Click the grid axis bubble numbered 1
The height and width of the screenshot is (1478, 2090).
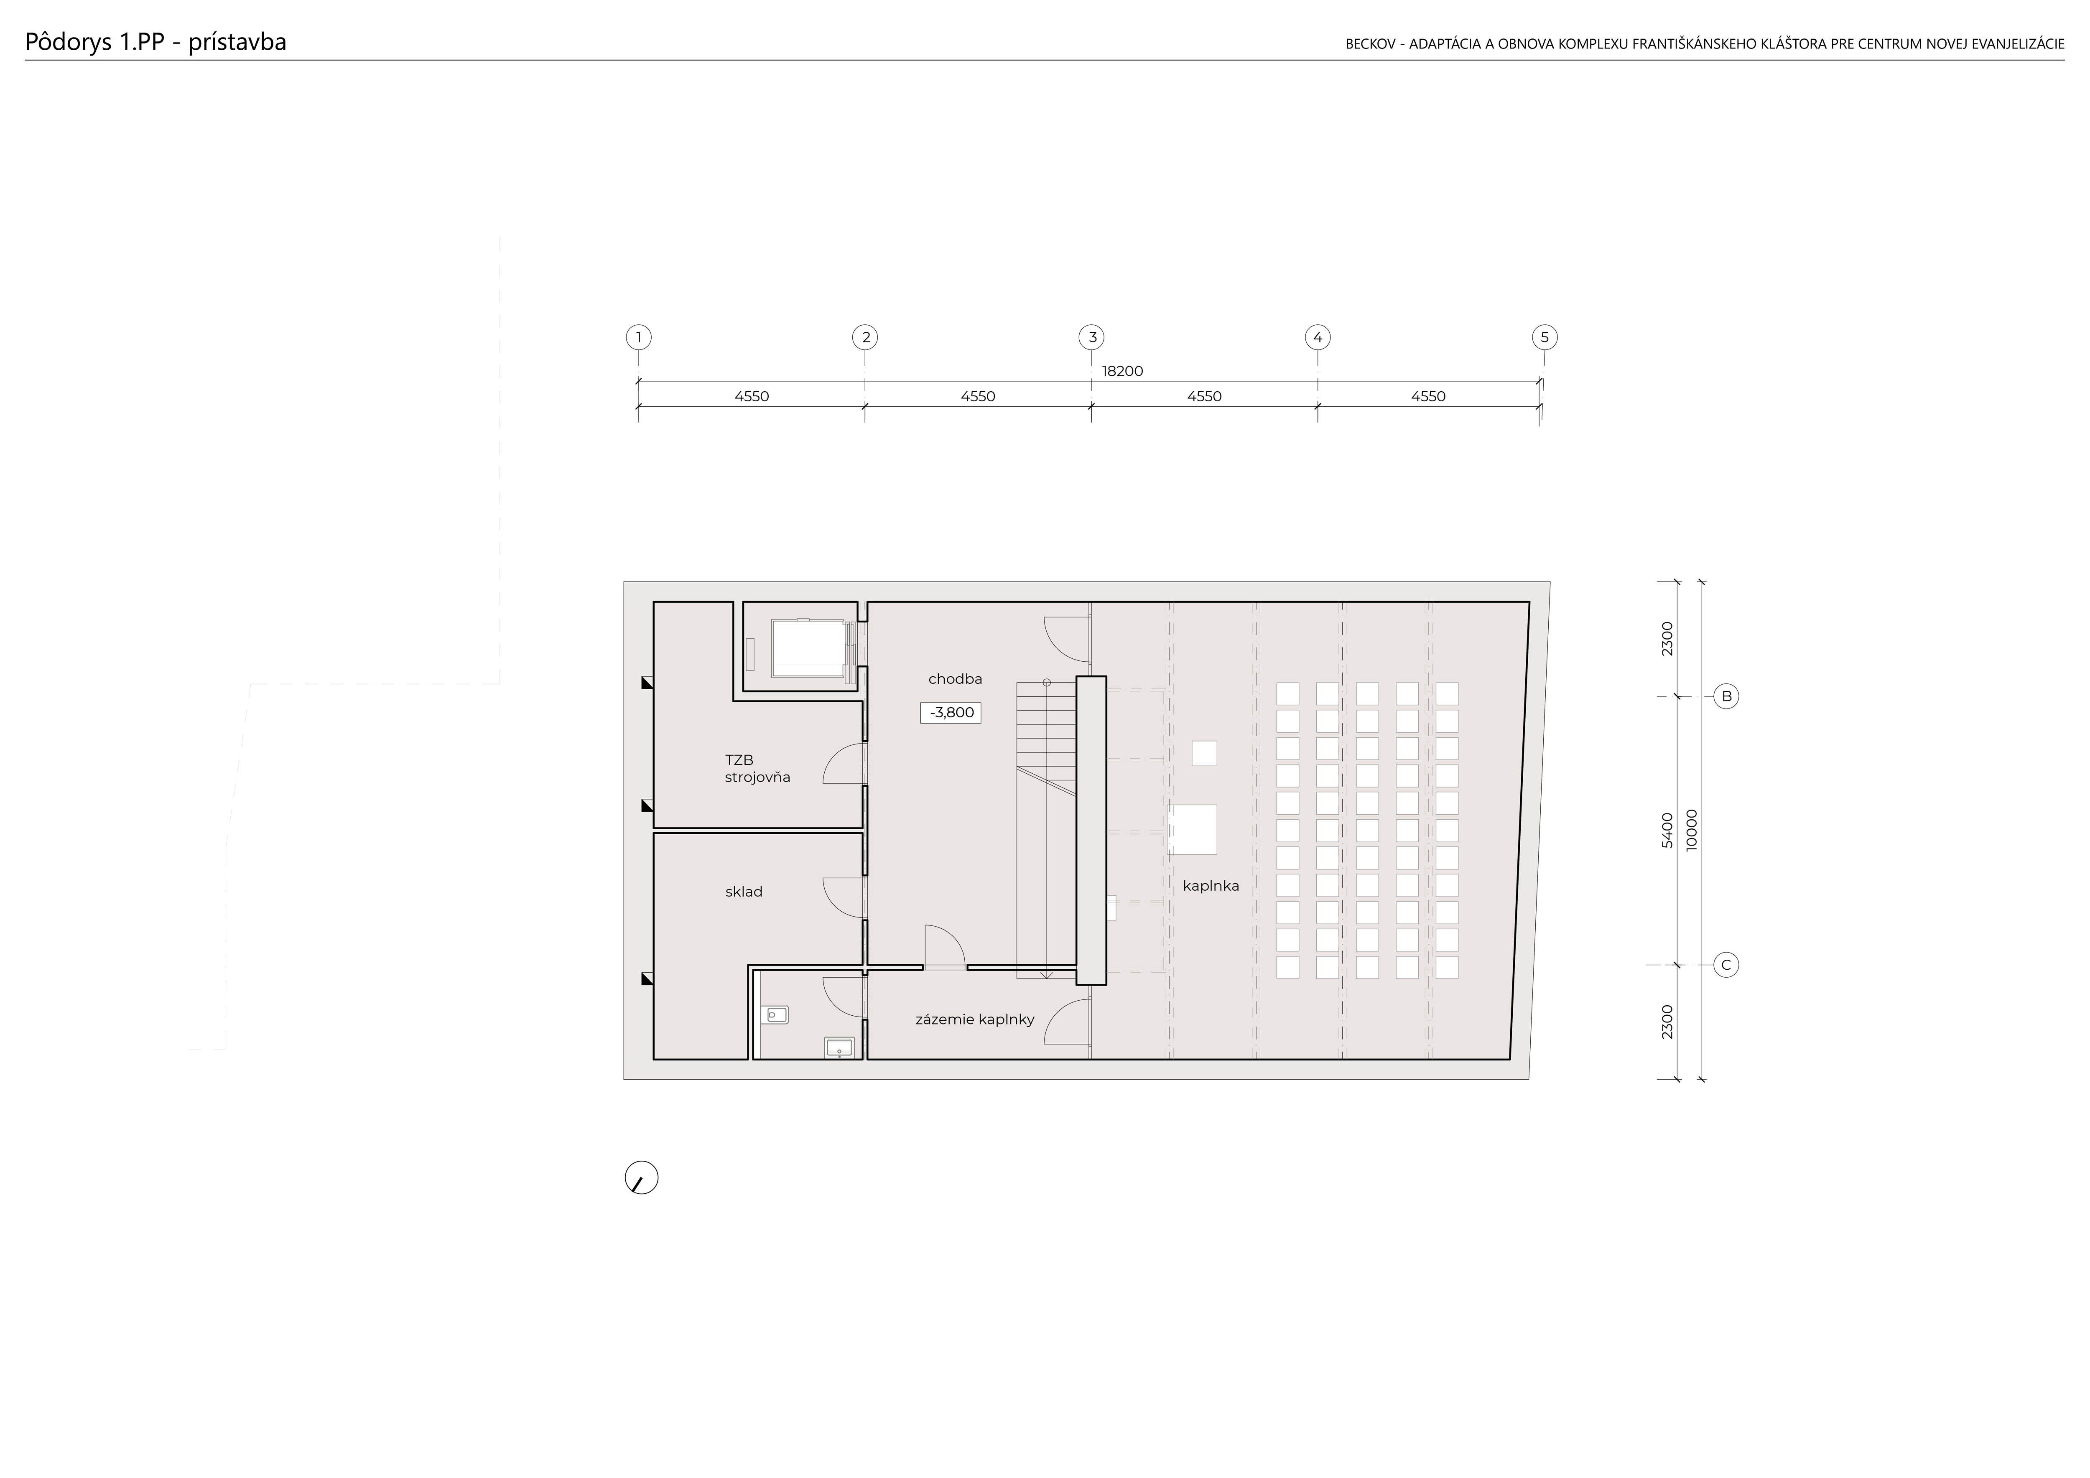(639, 338)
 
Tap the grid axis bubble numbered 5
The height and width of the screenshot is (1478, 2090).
(1545, 338)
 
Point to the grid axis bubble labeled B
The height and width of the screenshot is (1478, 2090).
(1726, 697)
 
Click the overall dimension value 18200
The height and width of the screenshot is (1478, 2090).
(1122, 371)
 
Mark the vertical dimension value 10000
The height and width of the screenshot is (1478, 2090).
(1691, 830)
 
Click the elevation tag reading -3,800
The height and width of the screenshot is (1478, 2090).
(951, 713)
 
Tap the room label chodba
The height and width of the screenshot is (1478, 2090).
(955, 679)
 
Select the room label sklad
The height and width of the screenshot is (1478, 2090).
(744, 892)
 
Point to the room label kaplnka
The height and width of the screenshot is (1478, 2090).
(1211, 886)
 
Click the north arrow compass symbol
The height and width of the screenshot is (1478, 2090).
(642, 1177)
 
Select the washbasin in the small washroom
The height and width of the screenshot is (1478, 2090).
(839, 1047)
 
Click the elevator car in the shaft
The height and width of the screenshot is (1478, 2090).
(808, 648)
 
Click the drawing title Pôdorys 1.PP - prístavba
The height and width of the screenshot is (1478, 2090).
(155, 42)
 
